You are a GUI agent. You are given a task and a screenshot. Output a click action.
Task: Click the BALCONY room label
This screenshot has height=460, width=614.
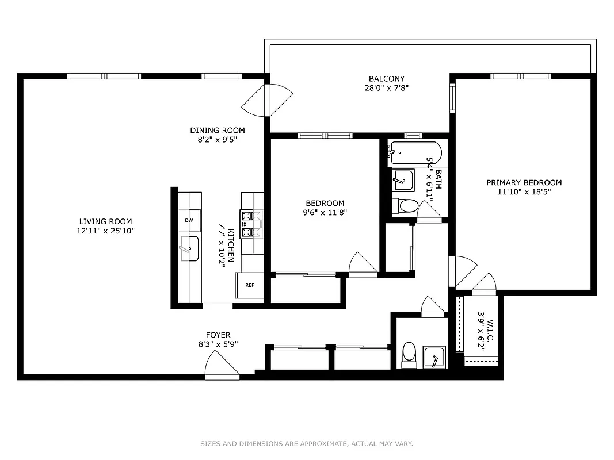click(x=387, y=79)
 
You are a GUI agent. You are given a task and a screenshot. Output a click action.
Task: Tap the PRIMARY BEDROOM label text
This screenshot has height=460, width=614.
click(x=524, y=183)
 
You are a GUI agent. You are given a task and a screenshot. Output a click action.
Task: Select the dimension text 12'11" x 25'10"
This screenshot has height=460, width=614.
click(x=105, y=231)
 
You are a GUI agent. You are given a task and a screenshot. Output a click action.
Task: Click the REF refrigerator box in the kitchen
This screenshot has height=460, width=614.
click(x=250, y=285)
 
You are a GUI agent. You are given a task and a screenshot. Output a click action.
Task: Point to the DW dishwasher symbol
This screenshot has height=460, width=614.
click(x=189, y=220)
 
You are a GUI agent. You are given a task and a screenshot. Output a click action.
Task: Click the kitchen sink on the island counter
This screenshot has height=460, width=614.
click(x=189, y=248)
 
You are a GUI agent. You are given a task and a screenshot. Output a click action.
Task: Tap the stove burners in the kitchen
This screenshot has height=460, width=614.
click(x=251, y=224)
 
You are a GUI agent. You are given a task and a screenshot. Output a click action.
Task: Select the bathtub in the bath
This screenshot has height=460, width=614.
click(x=414, y=154)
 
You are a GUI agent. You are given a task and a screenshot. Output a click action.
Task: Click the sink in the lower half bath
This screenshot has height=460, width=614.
click(x=434, y=358)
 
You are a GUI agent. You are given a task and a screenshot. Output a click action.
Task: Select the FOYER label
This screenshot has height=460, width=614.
click(x=218, y=335)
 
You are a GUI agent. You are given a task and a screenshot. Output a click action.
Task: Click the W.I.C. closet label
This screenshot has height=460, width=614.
click(x=491, y=326)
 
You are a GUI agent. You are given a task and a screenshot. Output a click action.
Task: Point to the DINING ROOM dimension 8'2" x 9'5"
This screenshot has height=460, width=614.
click(x=218, y=139)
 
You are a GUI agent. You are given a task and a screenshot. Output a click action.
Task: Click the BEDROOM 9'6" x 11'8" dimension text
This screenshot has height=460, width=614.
click(x=325, y=212)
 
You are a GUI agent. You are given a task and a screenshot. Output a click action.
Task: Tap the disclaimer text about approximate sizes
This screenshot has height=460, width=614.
click(x=307, y=443)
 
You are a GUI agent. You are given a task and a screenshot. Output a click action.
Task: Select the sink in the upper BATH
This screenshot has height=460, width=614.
click(x=403, y=180)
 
